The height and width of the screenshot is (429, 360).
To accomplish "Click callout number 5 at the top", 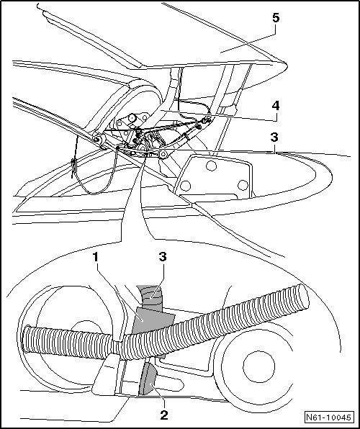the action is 276,18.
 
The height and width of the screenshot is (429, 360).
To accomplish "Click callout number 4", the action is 276,106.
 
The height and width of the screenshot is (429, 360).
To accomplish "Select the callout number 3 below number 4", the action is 274,137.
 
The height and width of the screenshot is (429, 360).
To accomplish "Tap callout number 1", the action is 95,258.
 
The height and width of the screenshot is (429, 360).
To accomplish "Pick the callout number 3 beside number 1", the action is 163,257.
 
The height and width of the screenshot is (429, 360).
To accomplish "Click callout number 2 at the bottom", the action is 163,415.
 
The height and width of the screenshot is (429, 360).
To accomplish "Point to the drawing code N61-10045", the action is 328,417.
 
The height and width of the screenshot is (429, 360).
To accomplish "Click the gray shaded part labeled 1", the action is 152,320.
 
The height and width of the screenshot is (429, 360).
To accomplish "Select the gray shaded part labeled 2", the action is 148,379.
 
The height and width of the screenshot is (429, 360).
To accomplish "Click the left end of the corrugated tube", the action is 26,339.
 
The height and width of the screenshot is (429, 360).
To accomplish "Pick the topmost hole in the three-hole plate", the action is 211,166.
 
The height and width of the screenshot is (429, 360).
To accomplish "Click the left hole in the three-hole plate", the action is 185,186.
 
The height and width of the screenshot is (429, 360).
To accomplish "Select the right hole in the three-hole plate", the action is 243,185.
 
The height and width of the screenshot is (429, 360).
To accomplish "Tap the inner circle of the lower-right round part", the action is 258,367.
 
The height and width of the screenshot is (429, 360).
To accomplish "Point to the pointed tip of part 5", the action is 287,65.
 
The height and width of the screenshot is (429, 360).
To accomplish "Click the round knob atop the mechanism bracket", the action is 132,118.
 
